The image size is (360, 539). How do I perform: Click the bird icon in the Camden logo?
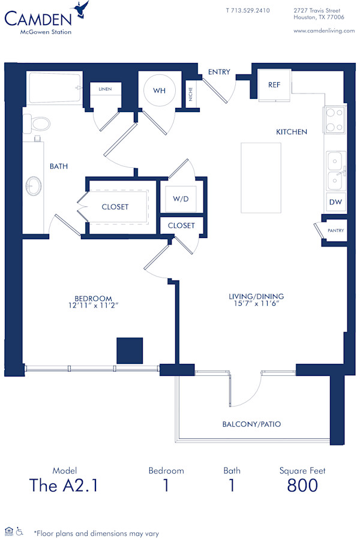click(81, 10)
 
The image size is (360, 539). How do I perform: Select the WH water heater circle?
click(159, 91)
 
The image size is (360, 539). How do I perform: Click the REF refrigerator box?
click(274, 85)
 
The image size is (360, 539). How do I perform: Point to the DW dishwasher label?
click(335, 202)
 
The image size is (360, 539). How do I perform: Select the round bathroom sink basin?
click(34, 186)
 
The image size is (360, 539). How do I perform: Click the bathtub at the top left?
click(55, 89)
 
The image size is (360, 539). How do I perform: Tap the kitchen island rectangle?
click(261, 177)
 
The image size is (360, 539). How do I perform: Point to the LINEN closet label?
click(105, 89)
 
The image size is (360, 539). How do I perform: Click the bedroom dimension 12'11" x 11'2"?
click(94, 306)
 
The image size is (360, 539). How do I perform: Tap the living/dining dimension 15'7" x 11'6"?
click(256, 304)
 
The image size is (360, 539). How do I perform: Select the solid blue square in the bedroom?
click(130, 351)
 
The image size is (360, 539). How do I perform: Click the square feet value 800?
click(302, 485)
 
